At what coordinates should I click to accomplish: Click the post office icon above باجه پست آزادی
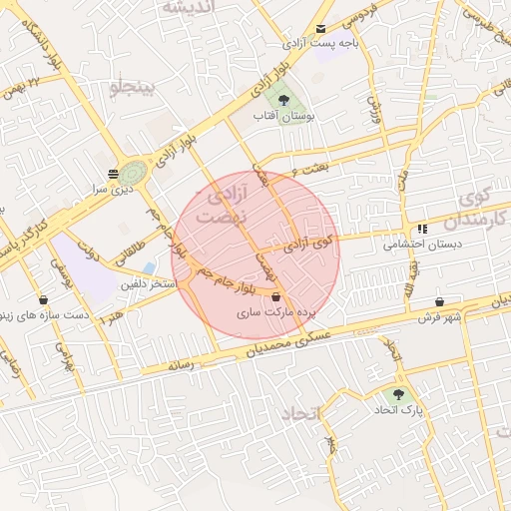point(319,29)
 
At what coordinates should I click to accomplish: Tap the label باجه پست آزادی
point(319,44)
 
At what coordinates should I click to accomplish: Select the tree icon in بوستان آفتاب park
point(283,100)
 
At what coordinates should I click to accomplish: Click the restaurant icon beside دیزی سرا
point(112,174)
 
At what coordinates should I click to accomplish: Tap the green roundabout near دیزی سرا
point(132,173)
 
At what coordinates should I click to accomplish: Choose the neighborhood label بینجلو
point(133,88)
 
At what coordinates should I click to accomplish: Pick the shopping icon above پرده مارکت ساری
point(275,296)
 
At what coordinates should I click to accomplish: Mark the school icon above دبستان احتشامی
point(423,229)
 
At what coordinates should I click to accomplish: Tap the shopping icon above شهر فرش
point(440,302)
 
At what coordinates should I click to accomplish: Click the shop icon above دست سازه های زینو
point(43,299)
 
